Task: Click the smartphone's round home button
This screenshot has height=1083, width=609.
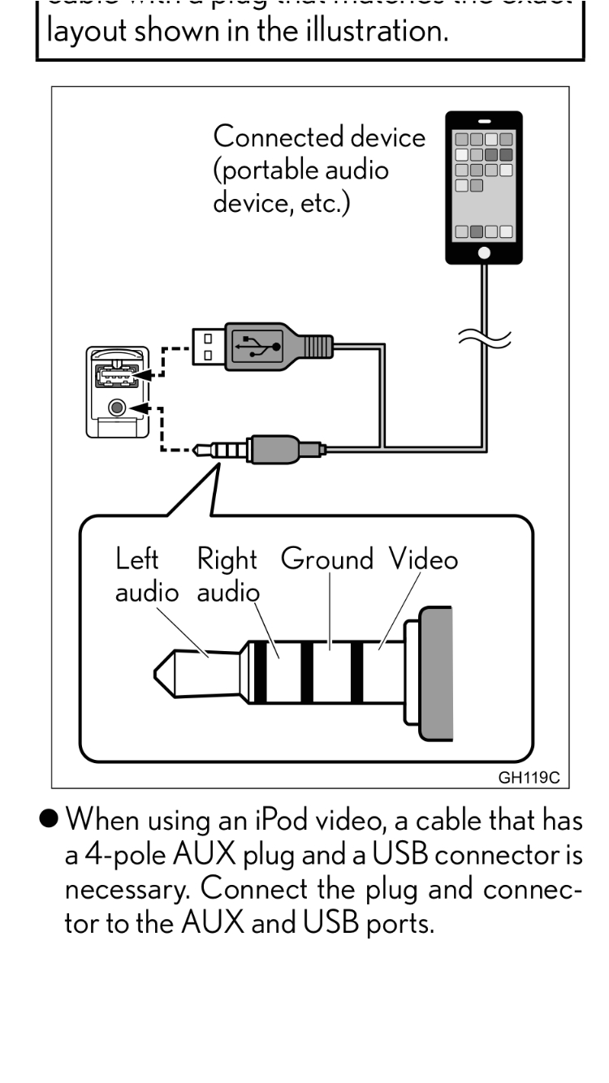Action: click(484, 252)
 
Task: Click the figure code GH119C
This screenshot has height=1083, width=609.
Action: click(529, 777)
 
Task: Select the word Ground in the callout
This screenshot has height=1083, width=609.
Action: click(327, 559)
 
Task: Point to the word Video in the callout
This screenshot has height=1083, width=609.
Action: click(422, 559)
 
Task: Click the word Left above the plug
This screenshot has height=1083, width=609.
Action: click(137, 559)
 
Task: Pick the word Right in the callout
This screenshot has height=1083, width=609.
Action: click(227, 559)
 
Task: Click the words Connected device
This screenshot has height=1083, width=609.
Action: click(318, 137)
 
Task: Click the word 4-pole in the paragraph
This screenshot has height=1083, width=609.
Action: click(149, 849)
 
